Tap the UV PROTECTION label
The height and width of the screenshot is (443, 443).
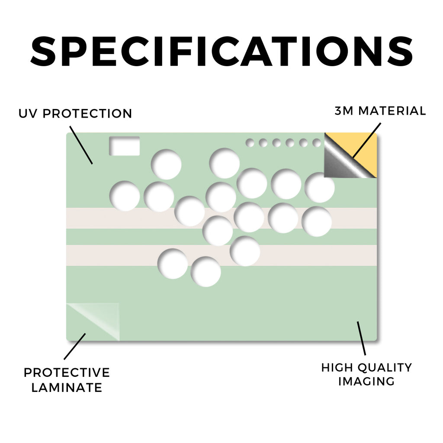point(75,114)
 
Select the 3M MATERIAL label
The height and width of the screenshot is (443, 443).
point(380,111)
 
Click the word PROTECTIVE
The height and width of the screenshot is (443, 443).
point(67,372)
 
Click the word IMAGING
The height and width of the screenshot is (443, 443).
point(366,382)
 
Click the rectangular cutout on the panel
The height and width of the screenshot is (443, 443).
point(125,146)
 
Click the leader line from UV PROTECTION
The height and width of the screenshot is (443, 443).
point(81,145)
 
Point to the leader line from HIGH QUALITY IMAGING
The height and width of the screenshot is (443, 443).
point(361,338)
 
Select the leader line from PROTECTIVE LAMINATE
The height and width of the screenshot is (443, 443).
point(74,347)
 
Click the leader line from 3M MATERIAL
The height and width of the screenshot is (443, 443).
point(367,140)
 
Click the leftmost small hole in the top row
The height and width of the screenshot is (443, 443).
point(250,143)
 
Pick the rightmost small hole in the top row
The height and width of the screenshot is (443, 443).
point(317,143)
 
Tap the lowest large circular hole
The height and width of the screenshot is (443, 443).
point(205,272)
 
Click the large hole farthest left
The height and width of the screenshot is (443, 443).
point(125,196)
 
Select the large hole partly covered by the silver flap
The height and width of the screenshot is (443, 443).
point(320,187)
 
